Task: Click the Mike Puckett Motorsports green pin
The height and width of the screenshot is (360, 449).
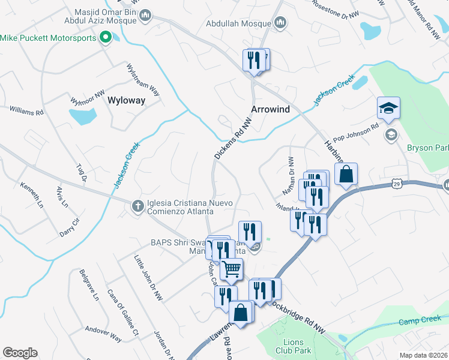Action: click(x=106, y=38)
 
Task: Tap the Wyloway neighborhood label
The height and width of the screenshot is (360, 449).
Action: click(x=126, y=101)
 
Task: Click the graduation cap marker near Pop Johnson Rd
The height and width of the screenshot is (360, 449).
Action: click(x=388, y=108)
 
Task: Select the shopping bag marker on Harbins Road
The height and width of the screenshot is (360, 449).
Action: click(x=346, y=175)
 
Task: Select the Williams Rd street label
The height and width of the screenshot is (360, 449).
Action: click(x=26, y=112)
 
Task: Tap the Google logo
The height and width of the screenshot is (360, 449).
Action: click(x=20, y=353)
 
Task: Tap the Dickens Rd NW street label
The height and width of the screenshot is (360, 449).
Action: click(x=232, y=138)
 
